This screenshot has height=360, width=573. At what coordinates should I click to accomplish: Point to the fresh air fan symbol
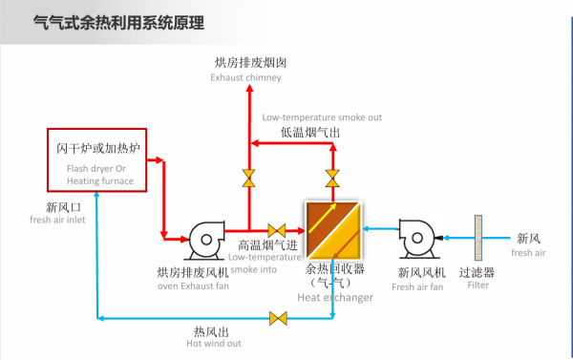click(421, 240)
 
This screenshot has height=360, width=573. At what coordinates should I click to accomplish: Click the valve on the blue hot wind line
click(278, 318)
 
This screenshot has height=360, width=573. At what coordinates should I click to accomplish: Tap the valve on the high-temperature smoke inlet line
click(278, 230)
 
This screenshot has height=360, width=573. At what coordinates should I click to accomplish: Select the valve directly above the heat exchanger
click(331, 177)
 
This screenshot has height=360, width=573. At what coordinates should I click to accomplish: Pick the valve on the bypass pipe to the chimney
click(248, 177)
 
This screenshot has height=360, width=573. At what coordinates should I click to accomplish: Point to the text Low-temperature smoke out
click(322, 117)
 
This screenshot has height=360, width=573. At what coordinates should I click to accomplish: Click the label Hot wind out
click(213, 344)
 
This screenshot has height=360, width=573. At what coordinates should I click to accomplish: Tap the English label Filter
click(477, 286)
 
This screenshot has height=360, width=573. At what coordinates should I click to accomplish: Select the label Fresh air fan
click(417, 286)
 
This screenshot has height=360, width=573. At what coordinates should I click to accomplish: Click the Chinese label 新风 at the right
click(529, 239)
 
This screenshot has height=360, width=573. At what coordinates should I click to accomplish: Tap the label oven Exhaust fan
click(193, 286)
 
